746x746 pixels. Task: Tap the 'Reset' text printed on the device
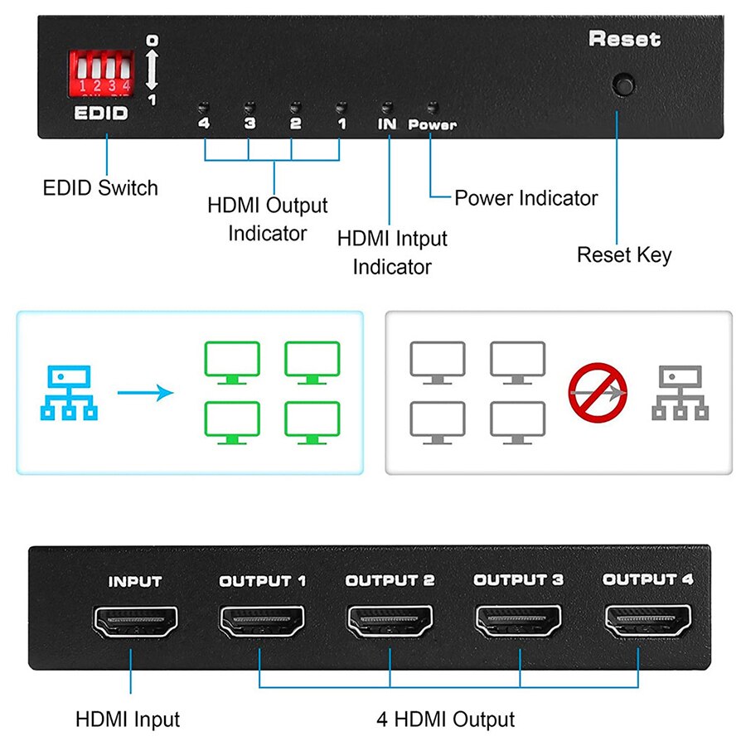click(x=624, y=39)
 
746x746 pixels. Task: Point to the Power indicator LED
click(x=431, y=108)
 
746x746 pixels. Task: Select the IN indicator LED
click(x=385, y=108)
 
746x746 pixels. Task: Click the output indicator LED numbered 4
click(x=202, y=108)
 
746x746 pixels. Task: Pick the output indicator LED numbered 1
click(x=339, y=108)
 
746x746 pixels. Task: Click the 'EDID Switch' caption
click(x=100, y=188)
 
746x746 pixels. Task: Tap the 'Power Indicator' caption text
click(x=526, y=198)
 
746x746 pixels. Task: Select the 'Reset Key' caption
click(x=624, y=254)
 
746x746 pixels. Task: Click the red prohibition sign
click(x=598, y=392)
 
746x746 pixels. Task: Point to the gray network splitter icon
click(x=680, y=392)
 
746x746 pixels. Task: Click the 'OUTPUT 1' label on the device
click(x=263, y=581)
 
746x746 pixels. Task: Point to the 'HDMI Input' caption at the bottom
click(x=128, y=719)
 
